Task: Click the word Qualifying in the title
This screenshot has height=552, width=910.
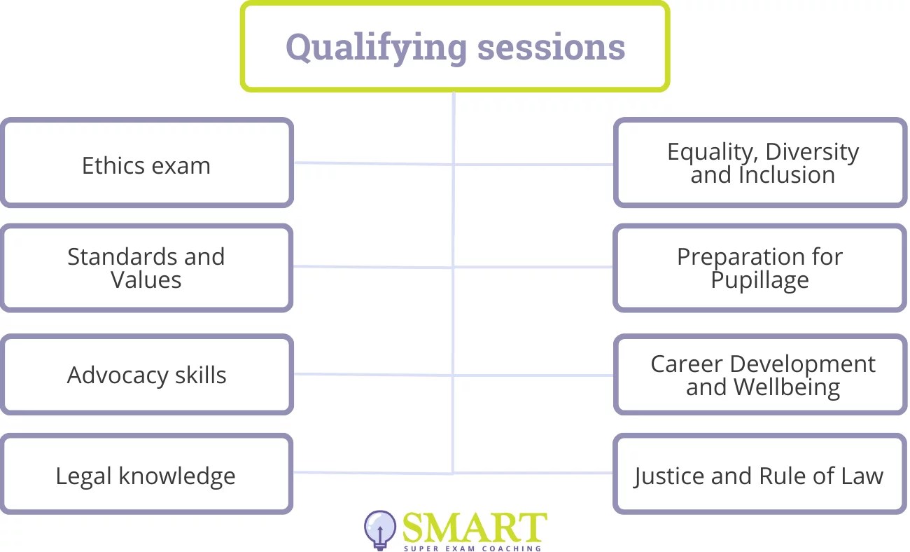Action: tap(377, 48)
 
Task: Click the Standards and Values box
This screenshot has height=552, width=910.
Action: tap(146, 268)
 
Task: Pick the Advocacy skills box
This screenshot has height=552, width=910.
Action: tap(146, 375)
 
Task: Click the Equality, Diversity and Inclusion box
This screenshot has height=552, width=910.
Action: tap(760, 163)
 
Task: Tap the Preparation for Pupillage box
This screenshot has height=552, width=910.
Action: tap(760, 268)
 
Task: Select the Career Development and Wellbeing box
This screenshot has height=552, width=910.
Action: tap(760, 375)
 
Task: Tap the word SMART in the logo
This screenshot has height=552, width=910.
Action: tap(475, 527)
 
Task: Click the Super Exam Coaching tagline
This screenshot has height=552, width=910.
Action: tap(472, 548)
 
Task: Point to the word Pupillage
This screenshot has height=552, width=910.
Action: tap(760, 280)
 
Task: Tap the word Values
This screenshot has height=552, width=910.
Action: tap(146, 280)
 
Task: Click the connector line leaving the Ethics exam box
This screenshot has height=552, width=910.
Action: tap(371, 163)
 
